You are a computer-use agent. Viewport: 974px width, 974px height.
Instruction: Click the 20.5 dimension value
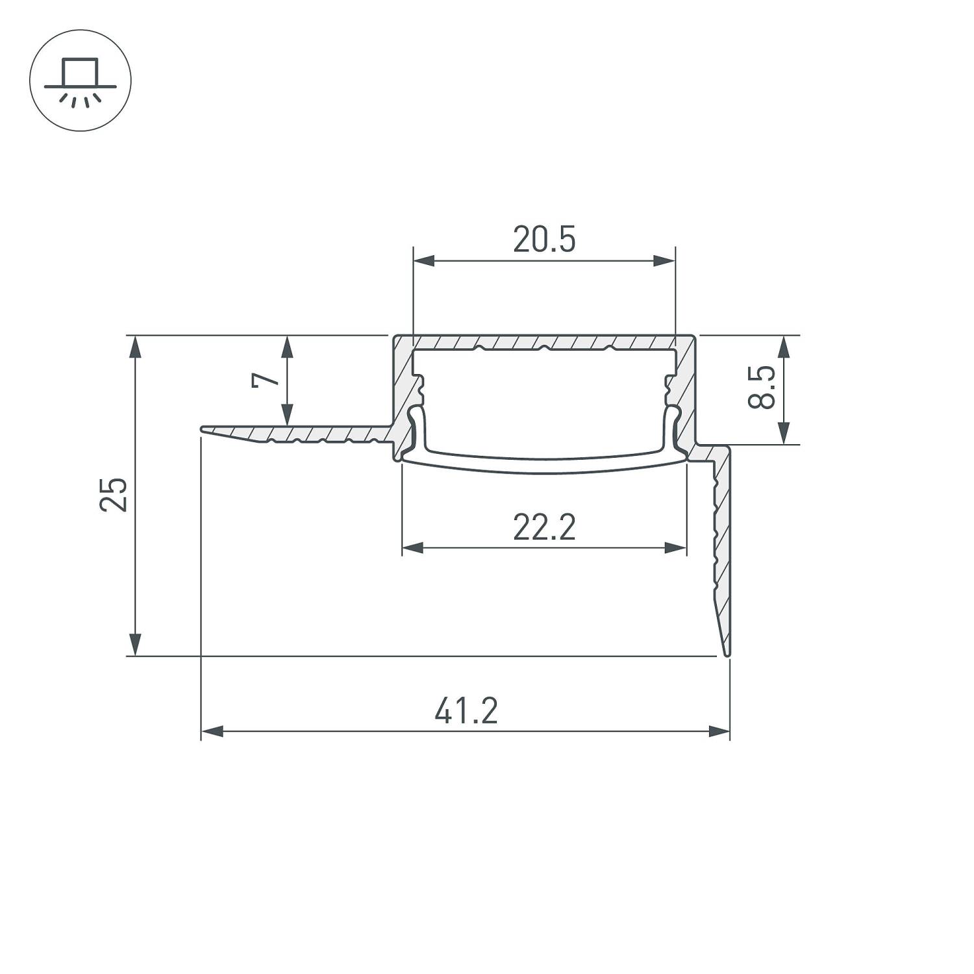(x=544, y=240)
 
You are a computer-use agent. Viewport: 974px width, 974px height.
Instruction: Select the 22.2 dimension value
(x=544, y=527)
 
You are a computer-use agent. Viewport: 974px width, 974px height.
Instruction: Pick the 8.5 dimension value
(x=761, y=387)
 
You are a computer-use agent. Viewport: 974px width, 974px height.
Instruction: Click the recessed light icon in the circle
(x=81, y=81)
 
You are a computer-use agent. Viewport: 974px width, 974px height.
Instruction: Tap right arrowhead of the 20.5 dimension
(x=665, y=261)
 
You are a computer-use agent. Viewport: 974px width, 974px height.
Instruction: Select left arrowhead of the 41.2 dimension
(x=212, y=732)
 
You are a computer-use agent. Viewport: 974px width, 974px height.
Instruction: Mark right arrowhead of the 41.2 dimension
(x=719, y=732)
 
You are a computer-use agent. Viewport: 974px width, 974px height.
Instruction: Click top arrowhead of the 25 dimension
(x=134, y=347)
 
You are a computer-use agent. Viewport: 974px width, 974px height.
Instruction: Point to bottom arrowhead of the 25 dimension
(x=134, y=645)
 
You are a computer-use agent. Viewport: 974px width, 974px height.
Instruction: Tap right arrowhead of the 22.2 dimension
(x=676, y=548)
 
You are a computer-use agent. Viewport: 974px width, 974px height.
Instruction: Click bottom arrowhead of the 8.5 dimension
(x=784, y=433)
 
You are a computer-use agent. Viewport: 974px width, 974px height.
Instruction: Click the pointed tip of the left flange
(x=203, y=430)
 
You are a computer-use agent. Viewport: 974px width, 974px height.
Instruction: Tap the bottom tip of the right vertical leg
(x=727, y=654)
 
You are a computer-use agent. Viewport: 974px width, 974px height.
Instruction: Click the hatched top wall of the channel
(x=544, y=342)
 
